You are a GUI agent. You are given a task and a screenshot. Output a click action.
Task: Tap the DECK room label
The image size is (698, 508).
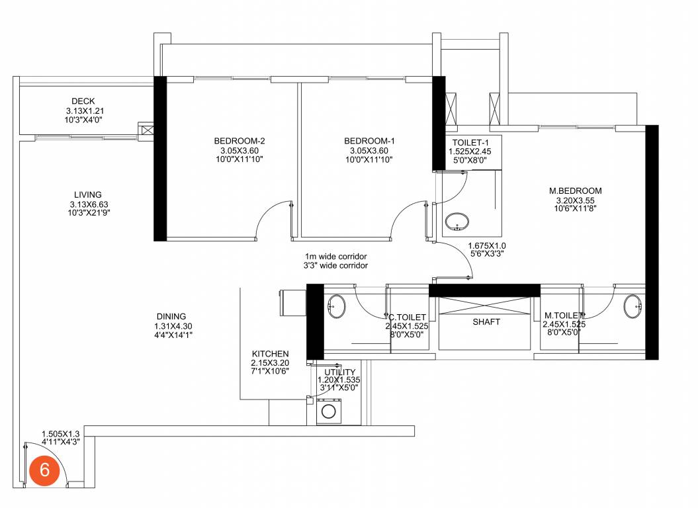click(83, 101)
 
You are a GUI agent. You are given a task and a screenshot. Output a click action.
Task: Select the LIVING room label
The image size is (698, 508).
click(88, 195)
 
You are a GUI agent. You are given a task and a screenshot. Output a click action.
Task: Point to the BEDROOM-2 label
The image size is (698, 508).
click(240, 141)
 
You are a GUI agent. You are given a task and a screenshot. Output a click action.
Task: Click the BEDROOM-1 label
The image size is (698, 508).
click(369, 141)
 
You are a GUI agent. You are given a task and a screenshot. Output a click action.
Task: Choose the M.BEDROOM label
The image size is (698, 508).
click(575, 192)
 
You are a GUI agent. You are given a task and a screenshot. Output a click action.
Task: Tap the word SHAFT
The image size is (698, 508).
click(486, 322)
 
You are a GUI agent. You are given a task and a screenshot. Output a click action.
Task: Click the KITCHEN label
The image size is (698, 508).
click(270, 355)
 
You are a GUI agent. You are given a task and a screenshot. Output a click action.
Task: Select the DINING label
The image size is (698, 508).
click(171, 316)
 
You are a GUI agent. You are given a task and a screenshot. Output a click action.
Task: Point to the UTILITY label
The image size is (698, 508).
click(340, 372)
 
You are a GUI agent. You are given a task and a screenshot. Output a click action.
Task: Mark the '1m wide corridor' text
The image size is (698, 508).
click(335, 257)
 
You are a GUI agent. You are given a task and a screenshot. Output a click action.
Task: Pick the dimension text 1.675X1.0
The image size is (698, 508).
click(491, 245)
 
